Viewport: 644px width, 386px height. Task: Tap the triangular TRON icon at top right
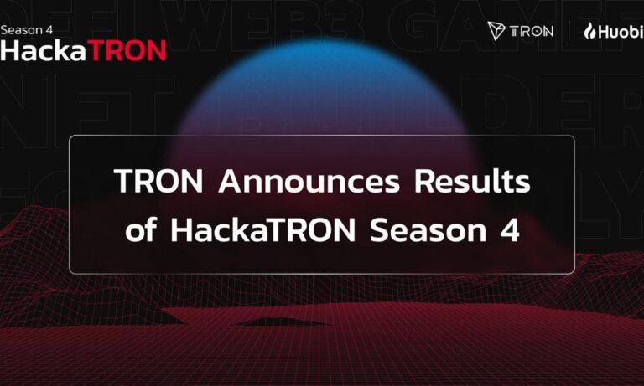498,31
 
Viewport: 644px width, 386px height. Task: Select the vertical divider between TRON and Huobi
569,31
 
